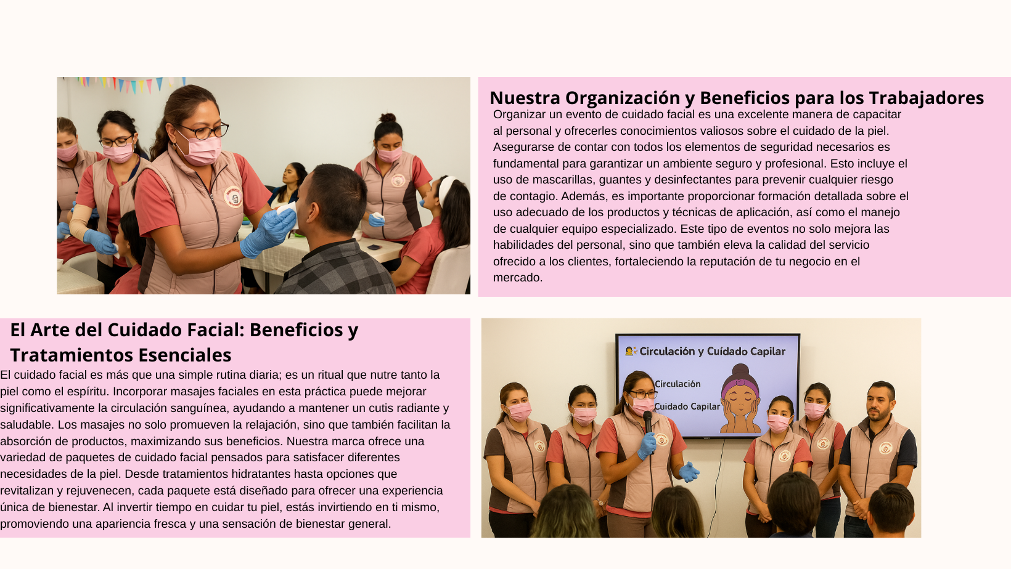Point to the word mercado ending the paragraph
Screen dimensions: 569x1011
coord(517,278)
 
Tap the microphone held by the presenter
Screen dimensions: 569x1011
coord(647,421)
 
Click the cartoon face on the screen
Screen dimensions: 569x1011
coord(740,400)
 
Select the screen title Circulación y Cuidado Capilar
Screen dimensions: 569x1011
coord(711,352)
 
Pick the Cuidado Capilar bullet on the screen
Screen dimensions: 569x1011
coord(687,406)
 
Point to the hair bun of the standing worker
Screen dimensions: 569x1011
coord(388,118)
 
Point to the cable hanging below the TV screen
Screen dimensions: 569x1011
coord(719,474)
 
